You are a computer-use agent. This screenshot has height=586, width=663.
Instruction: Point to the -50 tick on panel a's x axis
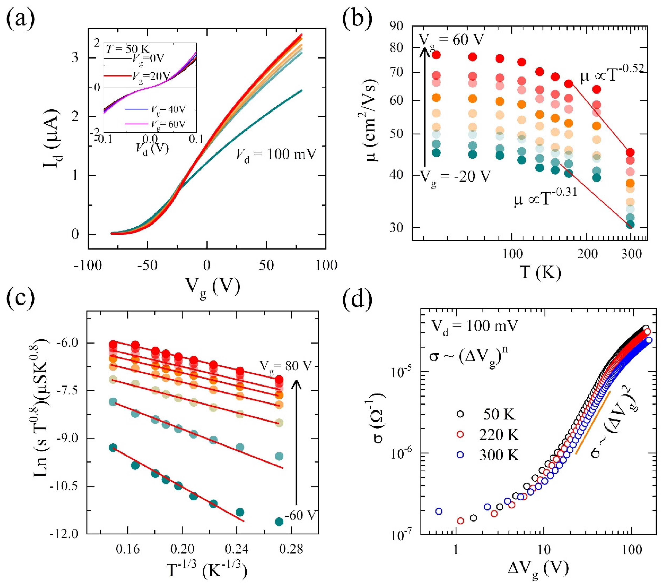click(x=148, y=265)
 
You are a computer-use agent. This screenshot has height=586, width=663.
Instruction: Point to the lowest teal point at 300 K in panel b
click(x=630, y=225)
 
